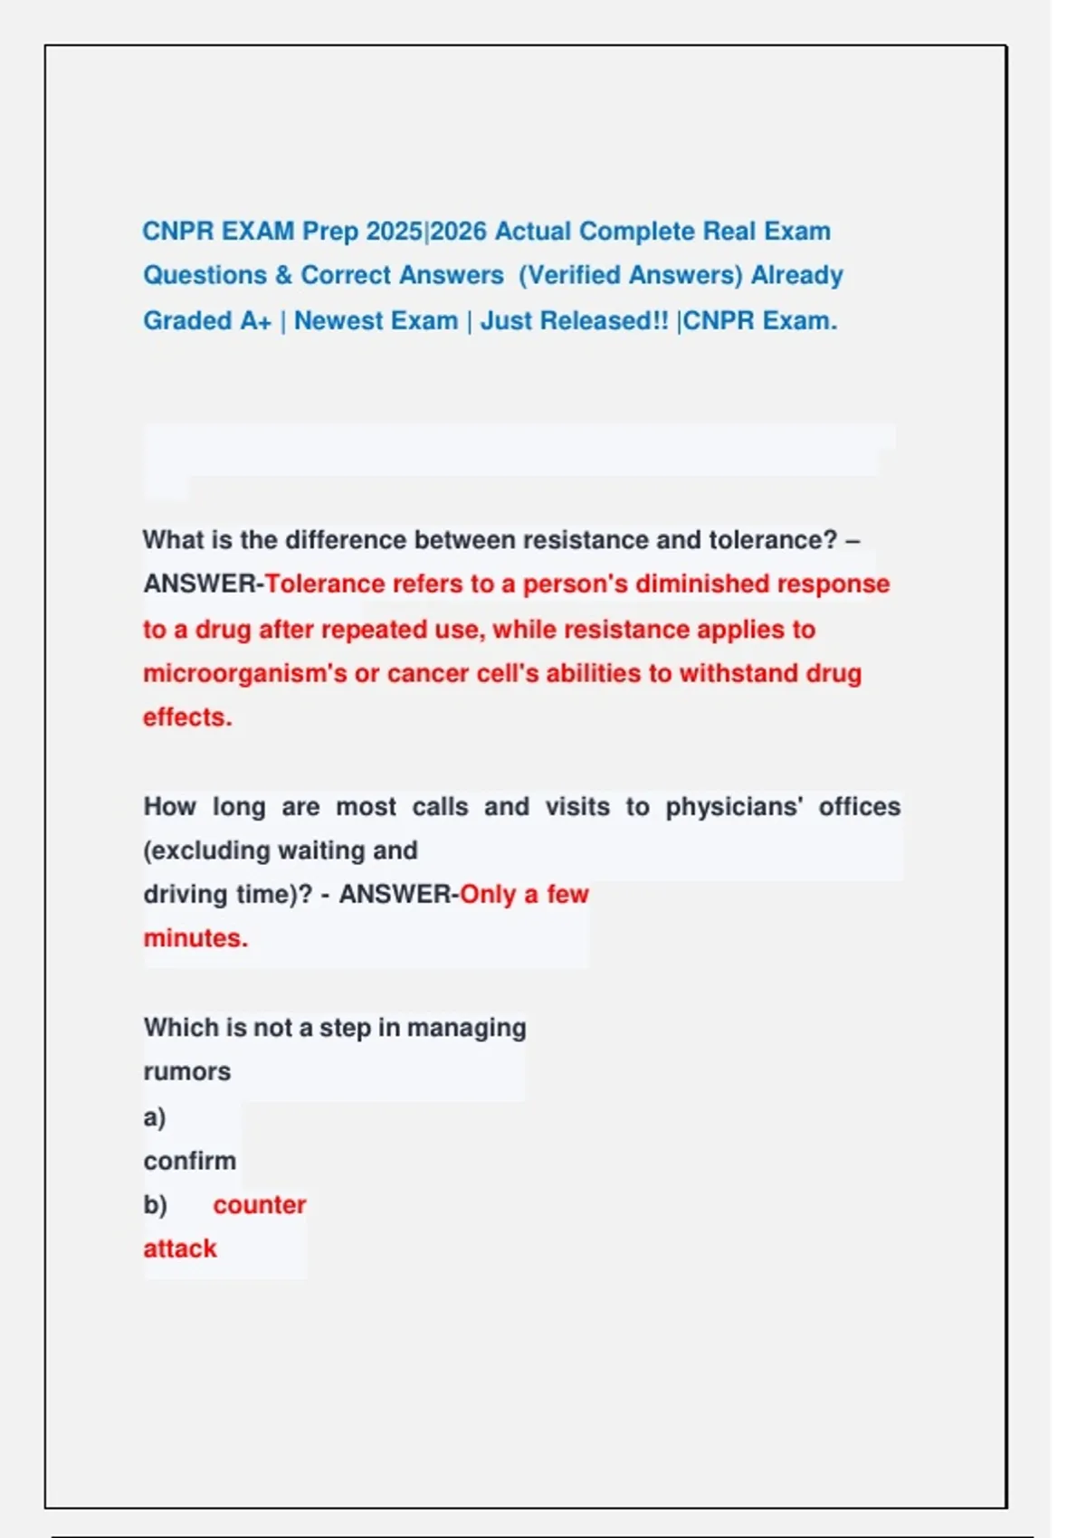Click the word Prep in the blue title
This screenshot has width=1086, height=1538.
(330, 232)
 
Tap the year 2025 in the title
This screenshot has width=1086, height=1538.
(395, 232)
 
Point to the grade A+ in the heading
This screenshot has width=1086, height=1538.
(256, 321)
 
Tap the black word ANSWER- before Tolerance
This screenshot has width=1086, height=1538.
(203, 584)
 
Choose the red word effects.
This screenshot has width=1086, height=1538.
(187, 717)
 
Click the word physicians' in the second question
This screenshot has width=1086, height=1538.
(734, 807)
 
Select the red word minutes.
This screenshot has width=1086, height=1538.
(195, 938)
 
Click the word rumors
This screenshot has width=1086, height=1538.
(187, 1072)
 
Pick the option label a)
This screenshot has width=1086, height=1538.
(155, 1117)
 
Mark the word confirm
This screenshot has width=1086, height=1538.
(189, 1161)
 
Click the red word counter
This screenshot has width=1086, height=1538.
(260, 1205)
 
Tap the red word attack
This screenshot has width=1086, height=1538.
(180, 1249)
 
